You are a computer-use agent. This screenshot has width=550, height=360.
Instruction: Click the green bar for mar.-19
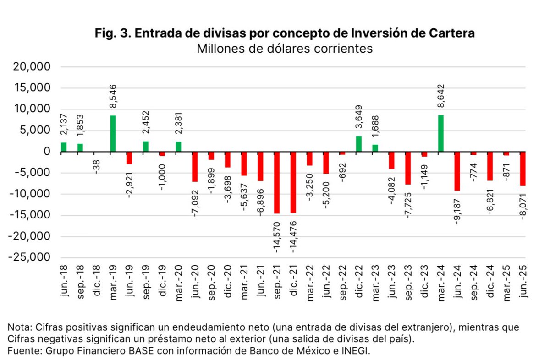[113, 134]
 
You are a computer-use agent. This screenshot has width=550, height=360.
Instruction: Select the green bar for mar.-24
[441, 134]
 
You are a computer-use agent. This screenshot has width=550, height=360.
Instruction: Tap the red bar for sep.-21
[277, 182]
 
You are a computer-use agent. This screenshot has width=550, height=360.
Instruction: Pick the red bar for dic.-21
[293, 182]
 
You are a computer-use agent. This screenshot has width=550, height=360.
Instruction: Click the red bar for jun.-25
[523, 169]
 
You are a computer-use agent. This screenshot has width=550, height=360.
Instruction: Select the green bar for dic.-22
[359, 144]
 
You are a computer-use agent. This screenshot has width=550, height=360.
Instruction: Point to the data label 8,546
[113, 96]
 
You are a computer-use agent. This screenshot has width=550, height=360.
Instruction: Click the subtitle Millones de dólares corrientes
[285, 49]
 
